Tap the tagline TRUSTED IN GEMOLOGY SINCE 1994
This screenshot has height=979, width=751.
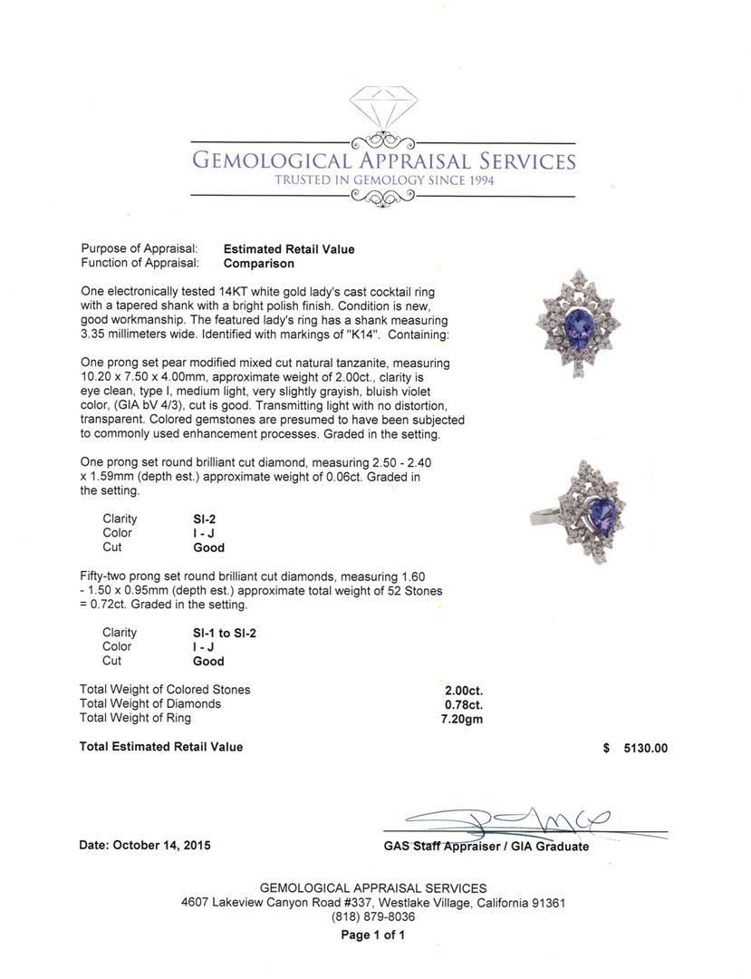click(x=384, y=180)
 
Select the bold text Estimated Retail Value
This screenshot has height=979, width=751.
click(x=289, y=249)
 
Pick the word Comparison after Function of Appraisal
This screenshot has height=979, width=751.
click(x=259, y=264)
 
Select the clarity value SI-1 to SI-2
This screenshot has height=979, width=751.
click(x=225, y=633)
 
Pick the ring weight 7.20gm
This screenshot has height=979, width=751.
click(x=463, y=719)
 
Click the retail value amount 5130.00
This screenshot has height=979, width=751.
click(x=645, y=748)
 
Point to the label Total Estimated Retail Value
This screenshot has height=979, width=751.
click(x=161, y=747)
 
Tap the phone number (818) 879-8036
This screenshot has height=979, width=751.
click(x=373, y=917)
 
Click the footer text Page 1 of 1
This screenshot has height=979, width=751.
click(x=373, y=935)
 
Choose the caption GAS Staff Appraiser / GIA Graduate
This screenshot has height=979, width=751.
click(x=486, y=847)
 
